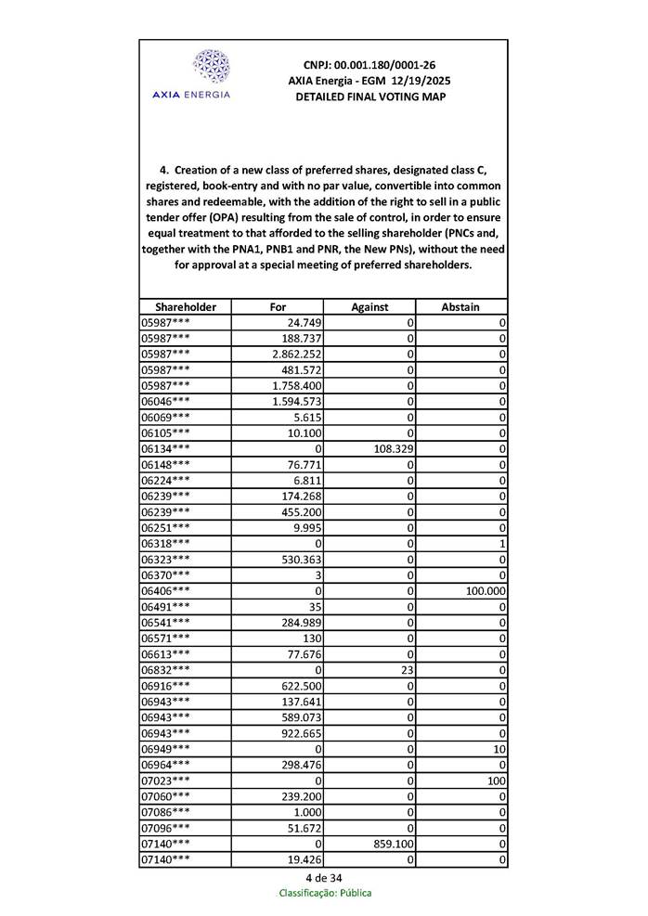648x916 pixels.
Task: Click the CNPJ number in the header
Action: [369, 65]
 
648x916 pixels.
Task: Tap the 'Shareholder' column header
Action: [186, 306]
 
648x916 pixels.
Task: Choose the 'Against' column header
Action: [369, 306]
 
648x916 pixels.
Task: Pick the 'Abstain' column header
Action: [461, 306]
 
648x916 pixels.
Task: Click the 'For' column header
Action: [278, 306]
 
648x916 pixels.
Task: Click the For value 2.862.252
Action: [297, 354]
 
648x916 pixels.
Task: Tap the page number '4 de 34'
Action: [323, 878]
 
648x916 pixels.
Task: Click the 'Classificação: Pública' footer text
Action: [325, 893]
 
